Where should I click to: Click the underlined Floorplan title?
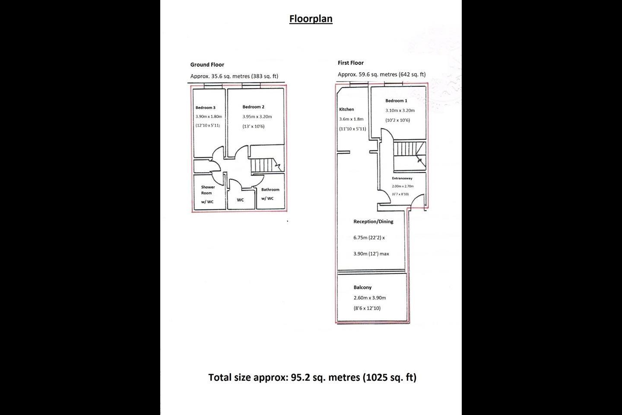pyautogui.click(x=311, y=19)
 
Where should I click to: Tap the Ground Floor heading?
pyautogui.click(x=207, y=64)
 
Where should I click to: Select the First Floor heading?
pyautogui.click(x=351, y=63)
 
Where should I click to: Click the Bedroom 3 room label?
pyautogui.click(x=206, y=108)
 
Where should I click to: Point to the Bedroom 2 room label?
pyautogui.click(x=253, y=107)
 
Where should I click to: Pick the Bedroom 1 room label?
pyautogui.click(x=396, y=101)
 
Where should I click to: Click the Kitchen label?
pyautogui.click(x=346, y=109)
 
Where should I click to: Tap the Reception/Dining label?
pyautogui.click(x=373, y=221)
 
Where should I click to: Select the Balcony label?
pyautogui.click(x=362, y=287)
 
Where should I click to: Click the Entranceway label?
pyautogui.click(x=402, y=178)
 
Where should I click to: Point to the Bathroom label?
pyautogui.click(x=270, y=190)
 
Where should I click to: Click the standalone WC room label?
pyautogui.click(x=240, y=200)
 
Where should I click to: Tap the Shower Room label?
pyautogui.click(x=208, y=190)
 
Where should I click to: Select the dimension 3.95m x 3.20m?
pyautogui.click(x=257, y=117)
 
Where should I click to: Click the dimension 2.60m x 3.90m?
pyautogui.click(x=370, y=298)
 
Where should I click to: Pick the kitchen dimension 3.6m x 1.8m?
pyautogui.click(x=351, y=119)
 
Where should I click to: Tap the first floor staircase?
pyautogui.click(x=409, y=156)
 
